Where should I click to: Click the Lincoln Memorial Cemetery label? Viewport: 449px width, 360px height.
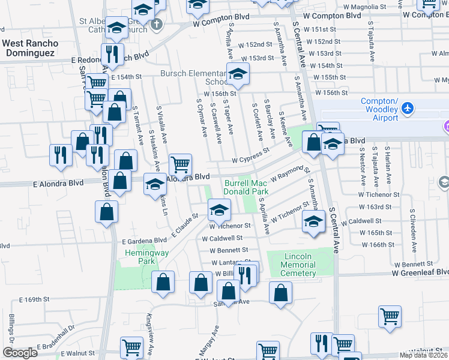[298, 265]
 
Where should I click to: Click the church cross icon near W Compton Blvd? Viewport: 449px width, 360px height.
[157, 25]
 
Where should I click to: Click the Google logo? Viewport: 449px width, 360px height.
[20, 353]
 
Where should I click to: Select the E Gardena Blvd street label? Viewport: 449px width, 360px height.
[143, 240]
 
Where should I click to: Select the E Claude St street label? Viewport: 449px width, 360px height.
[185, 224]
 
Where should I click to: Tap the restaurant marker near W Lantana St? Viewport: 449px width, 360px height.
[247, 274]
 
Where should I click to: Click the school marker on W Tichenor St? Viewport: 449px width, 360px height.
[219, 210]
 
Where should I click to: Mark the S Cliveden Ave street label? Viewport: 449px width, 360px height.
[412, 228]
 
